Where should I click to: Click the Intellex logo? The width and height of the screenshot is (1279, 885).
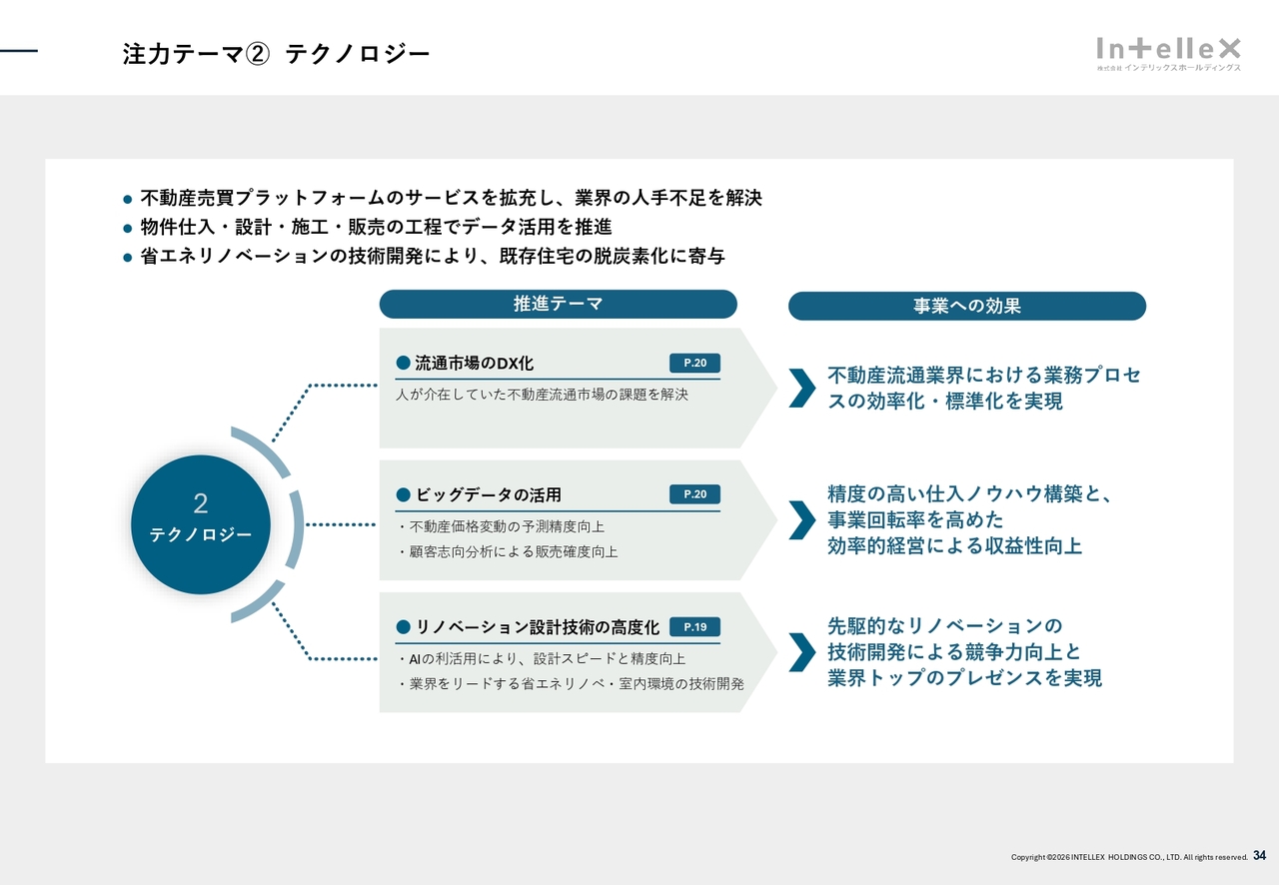pyautogui.click(x=1168, y=53)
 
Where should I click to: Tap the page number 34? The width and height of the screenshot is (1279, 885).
pyautogui.click(x=1259, y=856)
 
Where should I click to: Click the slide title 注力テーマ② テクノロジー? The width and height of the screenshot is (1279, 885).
pyautogui.click(x=276, y=54)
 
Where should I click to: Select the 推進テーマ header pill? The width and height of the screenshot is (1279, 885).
pyautogui.click(x=558, y=304)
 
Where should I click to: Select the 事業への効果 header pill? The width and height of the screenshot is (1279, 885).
pyautogui.click(x=966, y=306)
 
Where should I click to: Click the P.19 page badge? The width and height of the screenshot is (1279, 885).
pyautogui.click(x=694, y=627)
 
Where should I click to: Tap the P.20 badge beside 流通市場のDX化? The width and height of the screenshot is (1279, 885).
pyautogui.click(x=694, y=363)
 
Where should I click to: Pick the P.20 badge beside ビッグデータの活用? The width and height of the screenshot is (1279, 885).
pyautogui.click(x=694, y=494)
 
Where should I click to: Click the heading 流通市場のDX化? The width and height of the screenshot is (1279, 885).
pyautogui.click(x=474, y=363)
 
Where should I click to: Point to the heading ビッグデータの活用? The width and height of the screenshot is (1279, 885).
pyautogui.click(x=488, y=494)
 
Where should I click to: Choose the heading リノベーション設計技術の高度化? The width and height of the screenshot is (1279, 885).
pyautogui.click(x=537, y=627)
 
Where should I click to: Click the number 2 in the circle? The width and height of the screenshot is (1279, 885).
pyautogui.click(x=200, y=504)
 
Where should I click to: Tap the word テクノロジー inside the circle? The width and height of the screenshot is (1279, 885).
pyautogui.click(x=200, y=535)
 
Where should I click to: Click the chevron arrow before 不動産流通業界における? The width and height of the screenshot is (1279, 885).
pyautogui.click(x=801, y=388)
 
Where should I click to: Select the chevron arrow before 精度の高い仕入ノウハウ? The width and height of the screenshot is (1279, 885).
pyautogui.click(x=801, y=519)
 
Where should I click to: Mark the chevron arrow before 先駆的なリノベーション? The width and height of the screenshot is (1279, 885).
pyautogui.click(x=801, y=652)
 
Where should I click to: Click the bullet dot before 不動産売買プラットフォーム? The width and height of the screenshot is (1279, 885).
pyautogui.click(x=127, y=199)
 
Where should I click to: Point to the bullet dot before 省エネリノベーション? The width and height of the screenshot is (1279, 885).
pyautogui.click(x=127, y=257)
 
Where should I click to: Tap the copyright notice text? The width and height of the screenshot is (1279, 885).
pyautogui.click(x=1129, y=857)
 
